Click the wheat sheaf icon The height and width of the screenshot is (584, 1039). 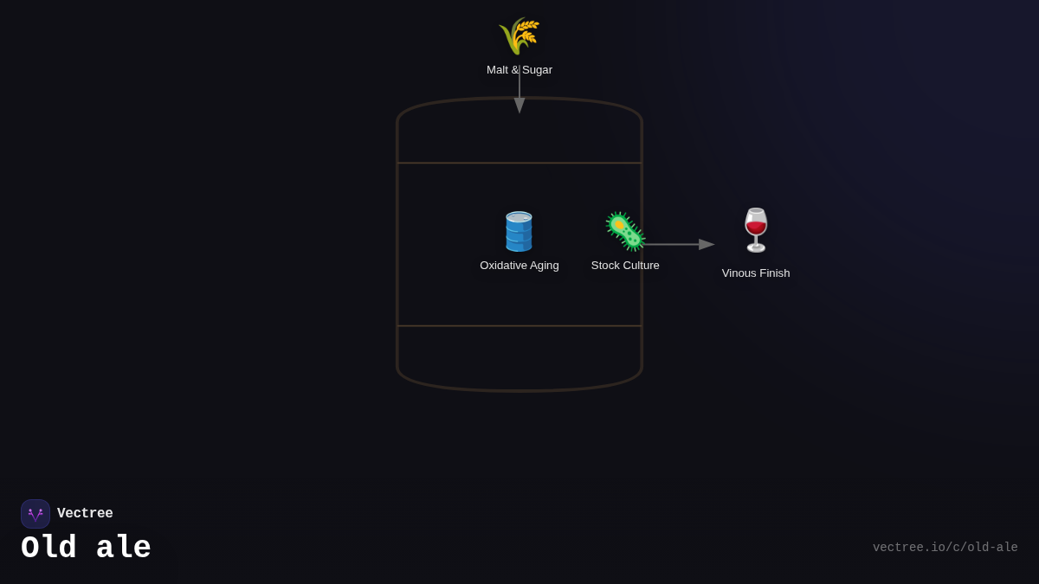click(x=519, y=35)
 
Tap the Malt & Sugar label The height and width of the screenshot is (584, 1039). click(x=519, y=70)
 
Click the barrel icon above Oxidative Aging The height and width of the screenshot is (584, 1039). click(x=519, y=231)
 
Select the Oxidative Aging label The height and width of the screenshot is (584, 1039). click(x=519, y=266)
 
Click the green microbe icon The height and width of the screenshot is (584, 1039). click(x=625, y=231)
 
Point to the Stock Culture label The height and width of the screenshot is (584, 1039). click(x=625, y=266)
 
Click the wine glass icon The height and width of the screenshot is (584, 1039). click(x=756, y=230)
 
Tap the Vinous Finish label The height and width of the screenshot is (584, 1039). click(x=756, y=273)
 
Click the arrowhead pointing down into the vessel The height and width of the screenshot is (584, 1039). click(x=519, y=106)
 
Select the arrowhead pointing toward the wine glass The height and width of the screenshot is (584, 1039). click(x=707, y=245)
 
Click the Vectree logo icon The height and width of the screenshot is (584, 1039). click(x=35, y=514)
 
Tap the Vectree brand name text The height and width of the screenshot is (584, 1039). click(x=85, y=514)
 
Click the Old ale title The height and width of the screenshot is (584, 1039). click(x=86, y=549)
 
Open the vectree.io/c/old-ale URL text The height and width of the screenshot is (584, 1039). click(x=945, y=548)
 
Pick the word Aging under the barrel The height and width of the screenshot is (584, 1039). click(x=543, y=266)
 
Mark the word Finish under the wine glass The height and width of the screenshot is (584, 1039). click(x=773, y=273)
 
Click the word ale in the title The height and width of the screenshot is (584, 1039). click(x=124, y=549)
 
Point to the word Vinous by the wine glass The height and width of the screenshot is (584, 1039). click(x=739, y=273)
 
